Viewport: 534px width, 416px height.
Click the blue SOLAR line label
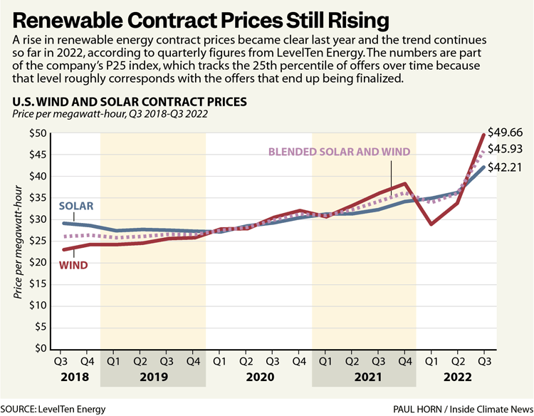[76, 206]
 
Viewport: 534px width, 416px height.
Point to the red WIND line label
[74, 265]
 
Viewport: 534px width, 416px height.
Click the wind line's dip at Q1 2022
[431, 224]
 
